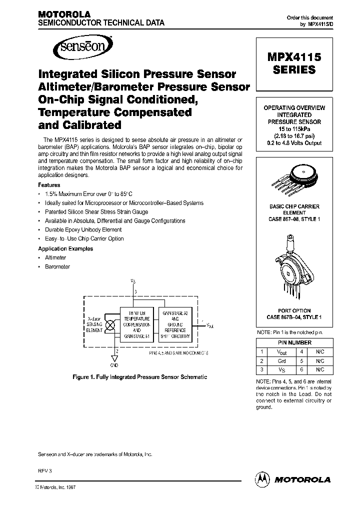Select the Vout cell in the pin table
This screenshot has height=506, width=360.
tap(282, 352)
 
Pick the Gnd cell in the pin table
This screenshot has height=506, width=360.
tap(282, 361)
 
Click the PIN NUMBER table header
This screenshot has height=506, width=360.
tap(294, 343)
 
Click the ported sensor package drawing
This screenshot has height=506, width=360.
tap(294, 267)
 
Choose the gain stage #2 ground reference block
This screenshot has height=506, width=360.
tap(175, 323)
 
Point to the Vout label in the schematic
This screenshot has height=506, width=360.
tap(209, 325)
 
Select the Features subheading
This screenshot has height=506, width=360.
tap(49, 185)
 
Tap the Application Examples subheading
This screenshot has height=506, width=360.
tap(65, 248)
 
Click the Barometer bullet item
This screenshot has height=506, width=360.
tap(57, 266)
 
